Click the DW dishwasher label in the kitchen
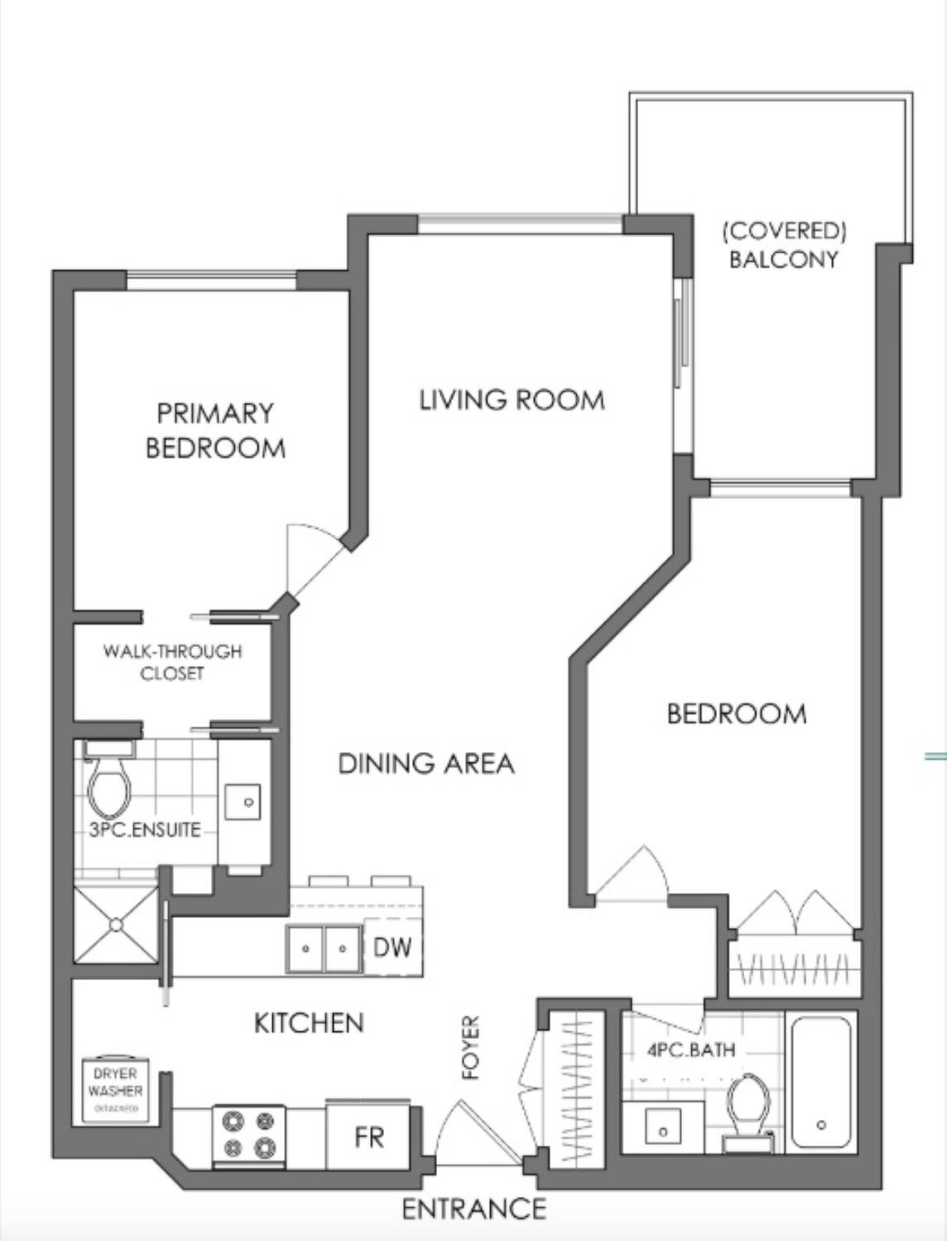(x=392, y=947)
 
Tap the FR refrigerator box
(x=369, y=1137)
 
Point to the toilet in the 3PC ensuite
(x=110, y=788)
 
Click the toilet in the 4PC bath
(x=750, y=1107)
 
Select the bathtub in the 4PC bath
(x=820, y=1081)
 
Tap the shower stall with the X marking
(x=116, y=925)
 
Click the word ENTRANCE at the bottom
(x=473, y=1209)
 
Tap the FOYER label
(x=471, y=1047)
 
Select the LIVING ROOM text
(x=512, y=400)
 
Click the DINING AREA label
(x=426, y=763)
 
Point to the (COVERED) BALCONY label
(x=784, y=245)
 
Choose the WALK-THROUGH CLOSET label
(x=172, y=662)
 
